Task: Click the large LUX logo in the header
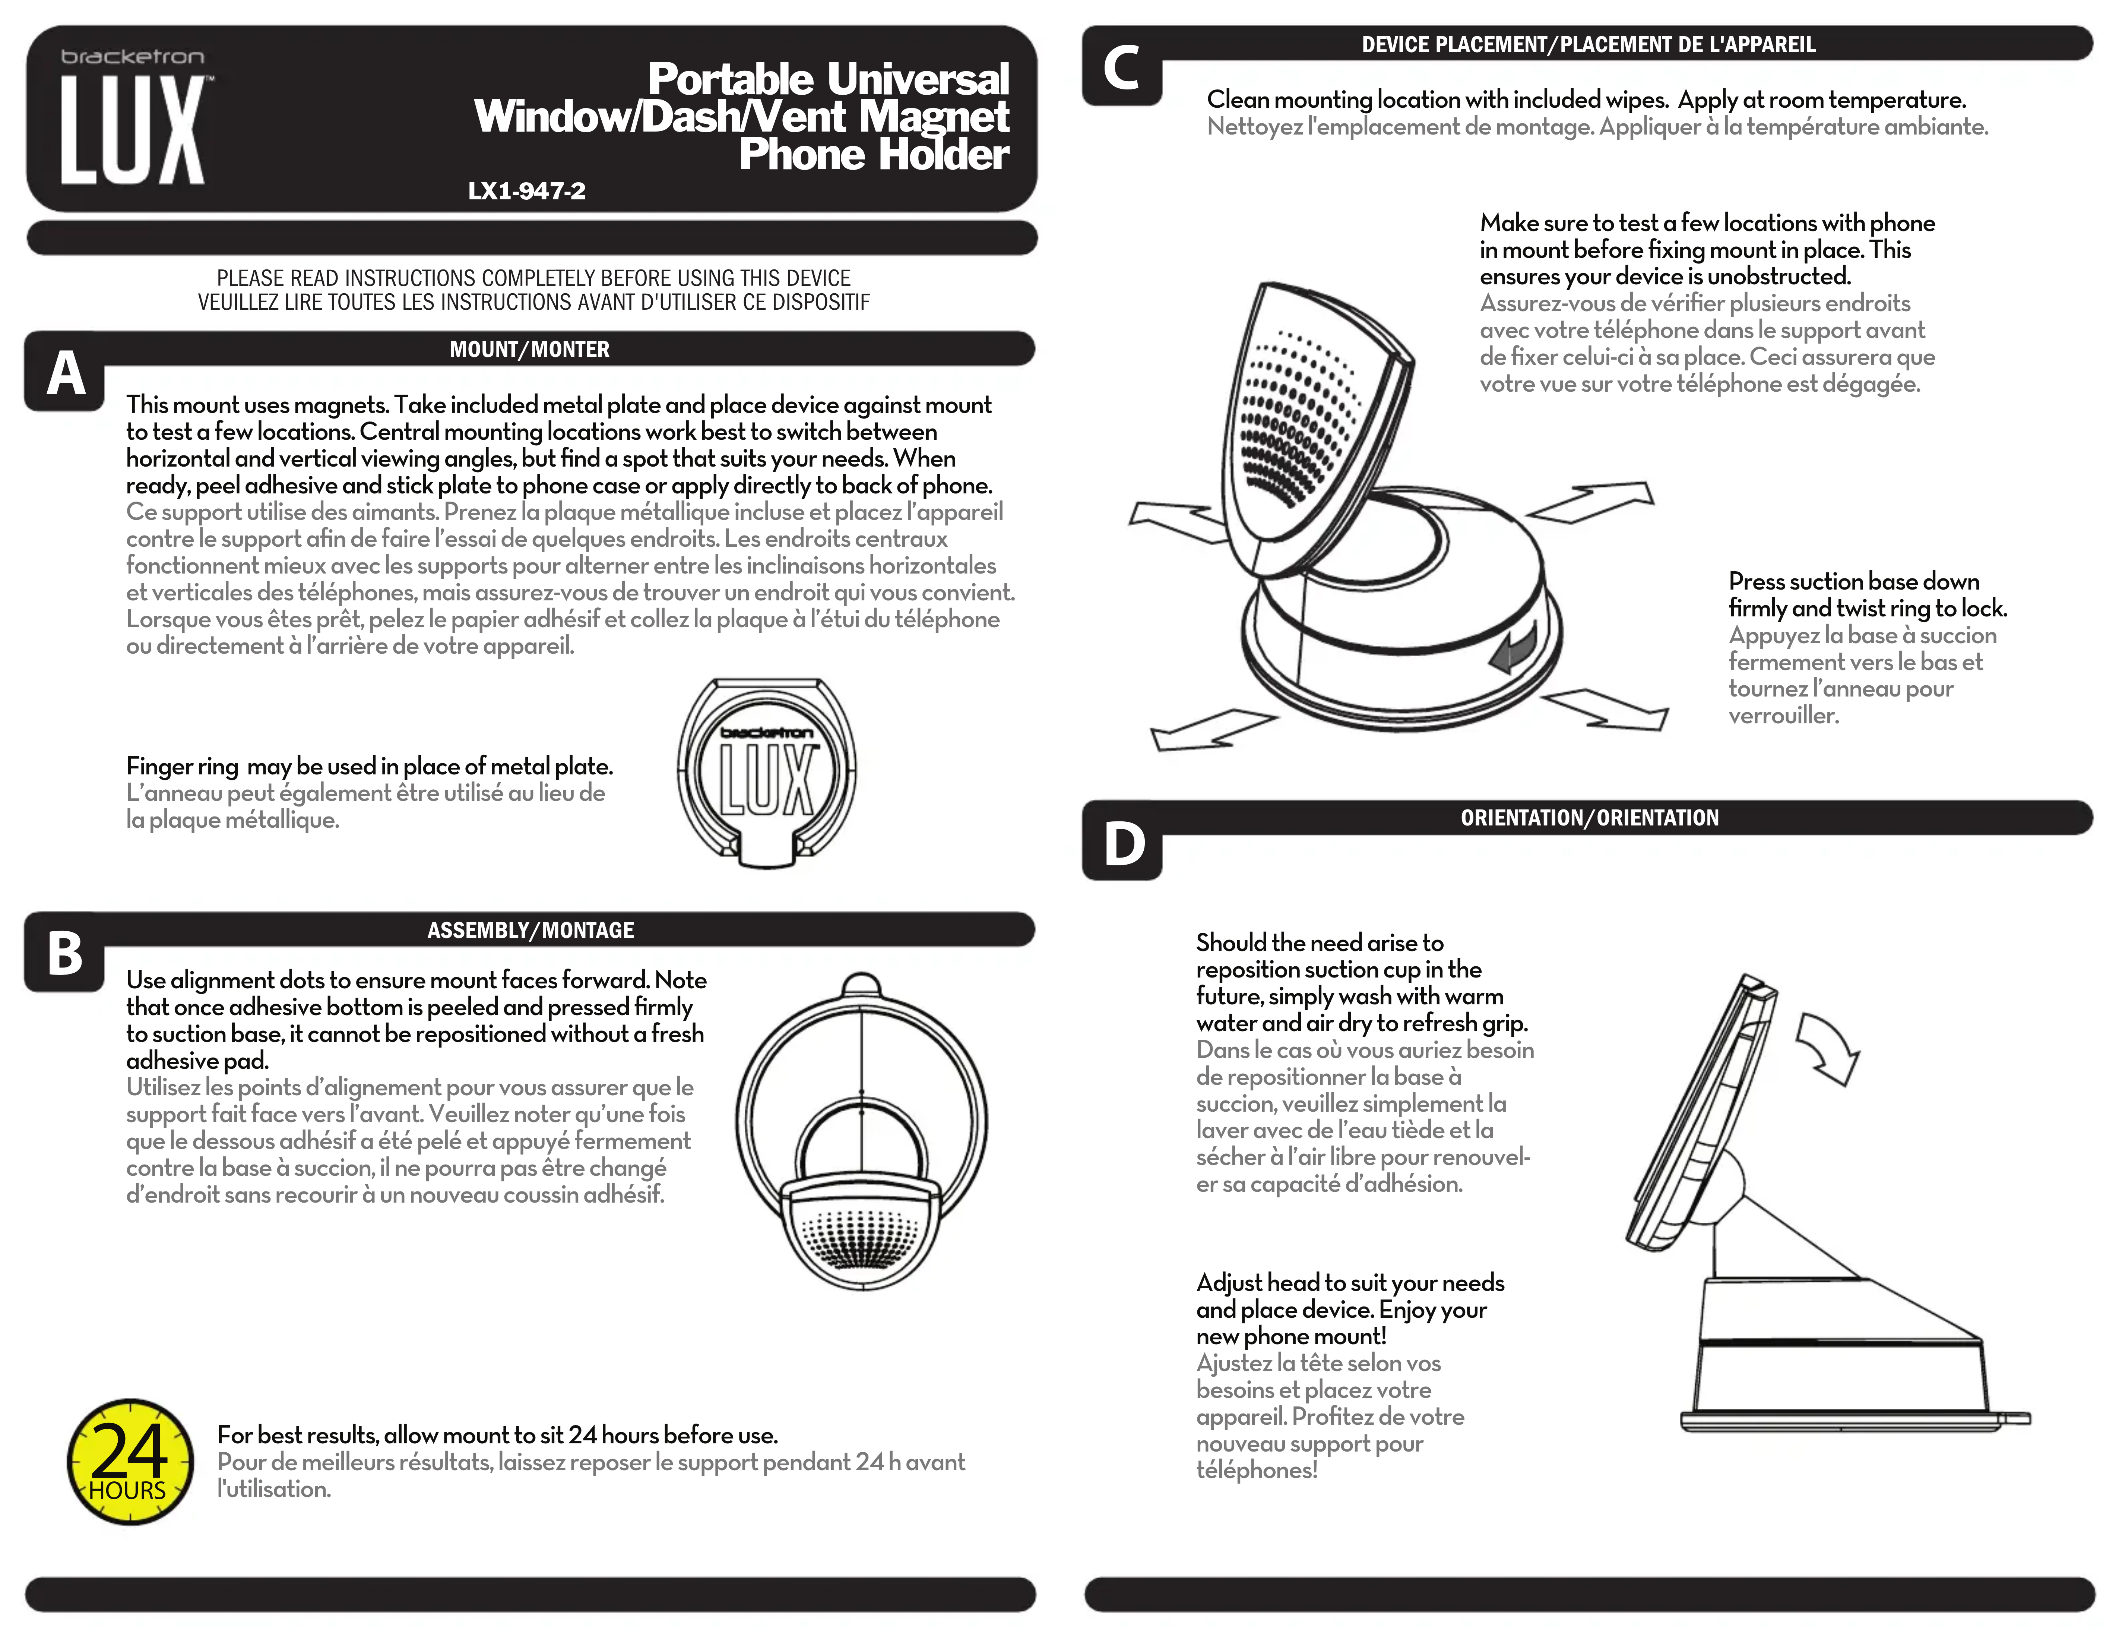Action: [x=133, y=130]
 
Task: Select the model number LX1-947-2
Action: [x=527, y=191]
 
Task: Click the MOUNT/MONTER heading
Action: [x=530, y=349]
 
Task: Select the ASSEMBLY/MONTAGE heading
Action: [x=531, y=931]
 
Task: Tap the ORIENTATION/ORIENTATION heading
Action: [x=1589, y=818]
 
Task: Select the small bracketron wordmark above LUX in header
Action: [x=133, y=57]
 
